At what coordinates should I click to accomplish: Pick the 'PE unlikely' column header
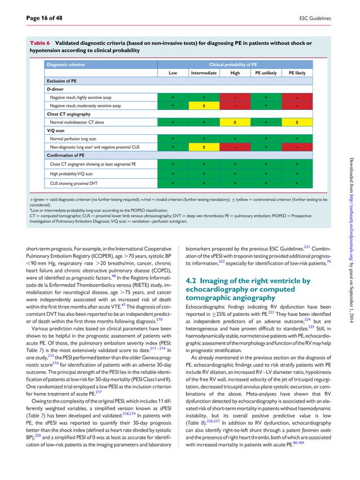click(265, 73)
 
